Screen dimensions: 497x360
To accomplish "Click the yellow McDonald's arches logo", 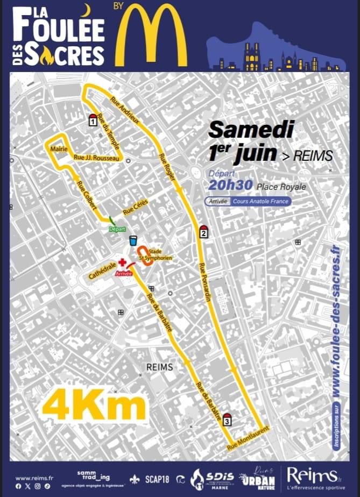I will pos(152,35).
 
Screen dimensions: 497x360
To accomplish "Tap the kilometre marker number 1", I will pos(93,120).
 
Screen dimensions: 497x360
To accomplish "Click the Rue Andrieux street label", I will pos(124,110).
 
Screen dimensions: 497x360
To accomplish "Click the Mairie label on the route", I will pos(57,148).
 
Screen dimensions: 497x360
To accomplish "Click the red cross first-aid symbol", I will pos(122,263).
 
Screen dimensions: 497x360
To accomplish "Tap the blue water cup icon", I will pos(133,240).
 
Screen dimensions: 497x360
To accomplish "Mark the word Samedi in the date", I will pos(251,130).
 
